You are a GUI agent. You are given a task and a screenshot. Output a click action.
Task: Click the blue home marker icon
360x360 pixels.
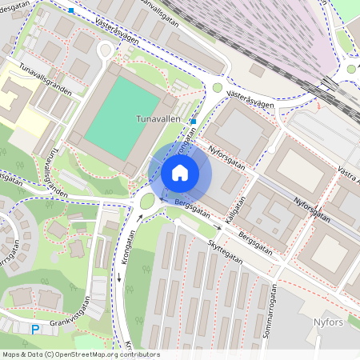[180, 172]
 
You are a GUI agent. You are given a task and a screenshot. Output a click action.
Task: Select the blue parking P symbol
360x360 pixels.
[34, 329]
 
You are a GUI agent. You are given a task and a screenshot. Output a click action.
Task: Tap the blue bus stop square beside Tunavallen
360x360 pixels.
[194, 122]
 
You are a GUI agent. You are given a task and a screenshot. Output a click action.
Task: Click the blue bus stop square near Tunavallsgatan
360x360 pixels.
[71, 10]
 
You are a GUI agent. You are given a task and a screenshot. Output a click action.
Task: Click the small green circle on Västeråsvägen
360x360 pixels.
[218, 88]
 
